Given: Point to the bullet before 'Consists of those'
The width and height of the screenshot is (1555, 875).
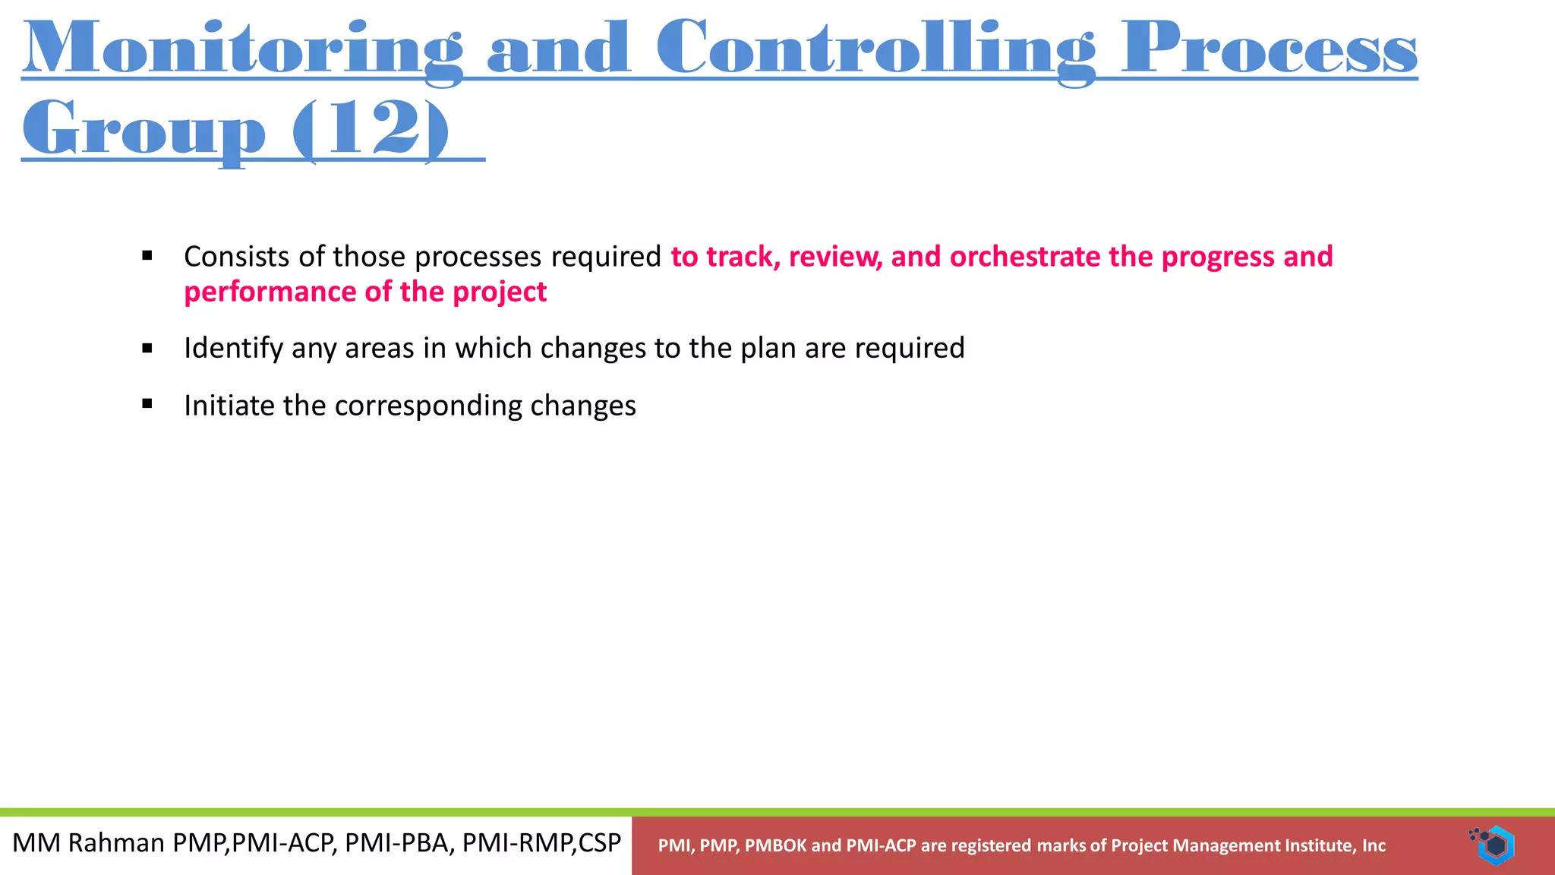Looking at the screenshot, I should [x=147, y=256].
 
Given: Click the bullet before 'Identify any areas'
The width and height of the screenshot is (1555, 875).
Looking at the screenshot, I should [x=147, y=349].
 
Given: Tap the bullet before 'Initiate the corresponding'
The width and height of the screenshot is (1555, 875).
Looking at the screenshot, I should [x=147, y=405].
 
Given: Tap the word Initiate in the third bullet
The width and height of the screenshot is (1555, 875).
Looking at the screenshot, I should [x=229, y=406].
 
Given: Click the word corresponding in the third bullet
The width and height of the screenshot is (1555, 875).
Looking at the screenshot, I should [x=428, y=406].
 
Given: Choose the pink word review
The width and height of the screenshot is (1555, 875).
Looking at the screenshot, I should [x=834, y=257].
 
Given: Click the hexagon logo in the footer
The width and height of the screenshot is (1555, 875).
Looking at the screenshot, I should [x=1494, y=845].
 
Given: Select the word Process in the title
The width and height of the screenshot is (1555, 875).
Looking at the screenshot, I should [x=1269, y=49].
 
